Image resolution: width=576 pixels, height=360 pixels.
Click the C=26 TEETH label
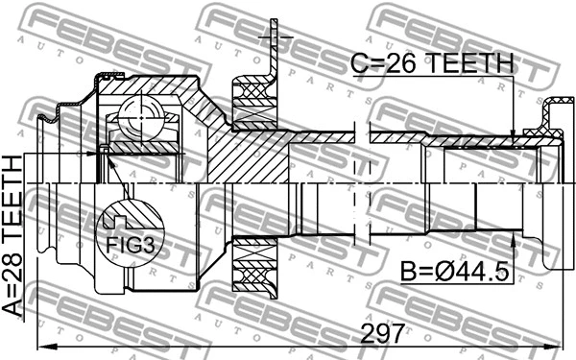click(431, 64)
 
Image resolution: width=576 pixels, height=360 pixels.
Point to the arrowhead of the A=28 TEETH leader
click(104, 154)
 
